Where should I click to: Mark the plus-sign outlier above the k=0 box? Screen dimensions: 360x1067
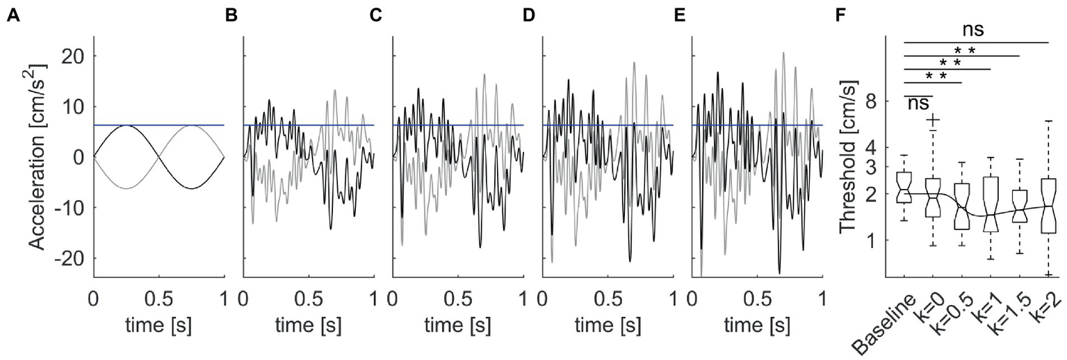[x=933, y=120]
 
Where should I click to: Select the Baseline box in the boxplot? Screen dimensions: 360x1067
[x=904, y=186]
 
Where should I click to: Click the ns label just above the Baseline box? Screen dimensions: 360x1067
[x=918, y=103]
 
